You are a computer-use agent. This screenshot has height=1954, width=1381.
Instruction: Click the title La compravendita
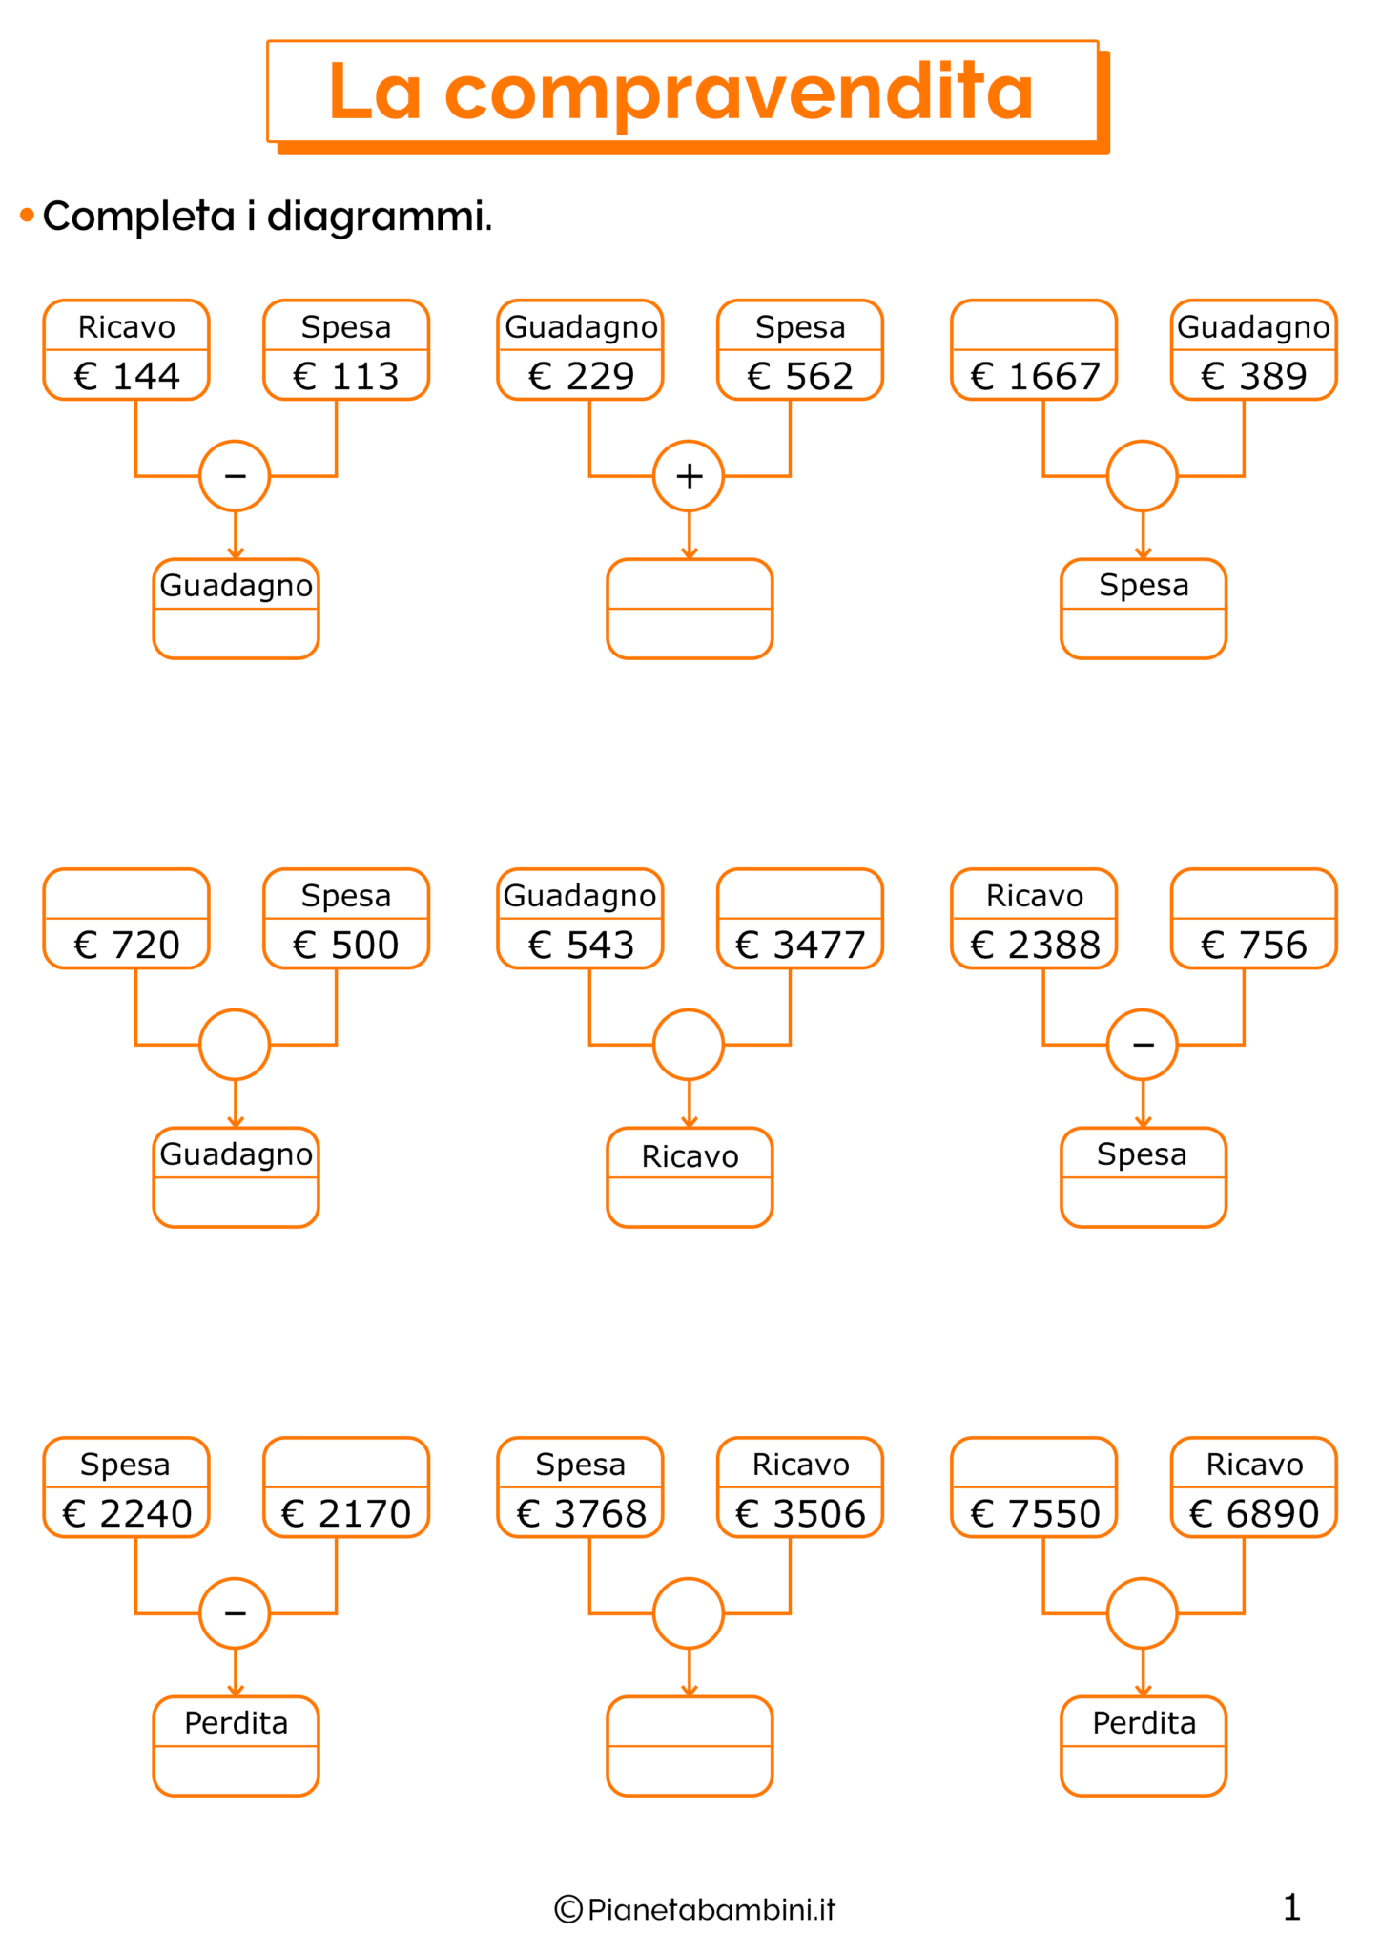[x=681, y=93]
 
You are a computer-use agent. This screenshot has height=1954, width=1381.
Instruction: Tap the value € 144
[x=127, y=376]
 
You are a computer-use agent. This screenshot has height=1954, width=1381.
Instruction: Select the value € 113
[x=346, y=376]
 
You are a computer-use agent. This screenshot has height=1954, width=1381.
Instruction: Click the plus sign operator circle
[x=689, y=475]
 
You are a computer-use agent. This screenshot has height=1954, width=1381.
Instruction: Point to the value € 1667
[x=1035, y=376]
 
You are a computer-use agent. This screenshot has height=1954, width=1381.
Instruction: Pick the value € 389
[x=1253, y=376]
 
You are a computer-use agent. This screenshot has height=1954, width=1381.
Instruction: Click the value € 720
[x=127, y=945]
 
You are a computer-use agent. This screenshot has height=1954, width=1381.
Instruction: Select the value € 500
[x=346, y=945]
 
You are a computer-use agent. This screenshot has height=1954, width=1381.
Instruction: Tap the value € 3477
[x=800, y=945]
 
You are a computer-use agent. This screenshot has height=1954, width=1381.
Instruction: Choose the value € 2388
[x=1035, y=945]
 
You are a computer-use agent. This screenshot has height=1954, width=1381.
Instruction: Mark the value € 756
[x=1253, y=945]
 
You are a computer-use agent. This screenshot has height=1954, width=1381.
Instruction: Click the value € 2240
[x=127, y=1513]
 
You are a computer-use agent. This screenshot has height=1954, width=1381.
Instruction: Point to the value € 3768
[x=581, y=1513]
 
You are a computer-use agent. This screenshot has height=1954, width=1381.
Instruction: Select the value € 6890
[x=1253, y=1513]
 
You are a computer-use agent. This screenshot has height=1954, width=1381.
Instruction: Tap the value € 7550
[x=1035, y=1513]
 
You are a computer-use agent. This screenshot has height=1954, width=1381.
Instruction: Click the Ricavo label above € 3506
[x=800, y=1465]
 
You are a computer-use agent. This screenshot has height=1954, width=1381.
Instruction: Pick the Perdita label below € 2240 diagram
[x=236, y=1723]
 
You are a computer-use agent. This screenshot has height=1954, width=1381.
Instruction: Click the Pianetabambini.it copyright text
[x=695, y=1909]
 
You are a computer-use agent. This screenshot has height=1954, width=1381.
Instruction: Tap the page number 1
[x=1291, y=1907]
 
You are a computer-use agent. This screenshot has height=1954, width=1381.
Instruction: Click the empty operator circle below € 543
[x=689, y=1044]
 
